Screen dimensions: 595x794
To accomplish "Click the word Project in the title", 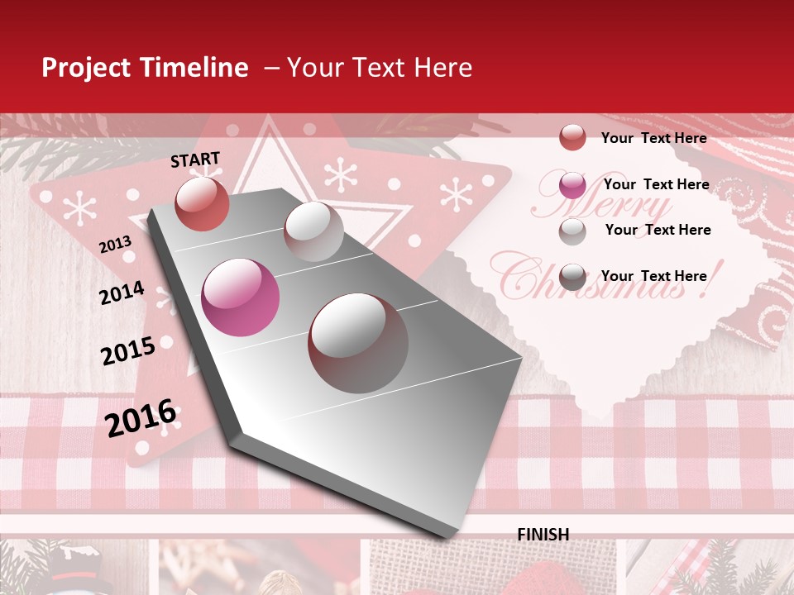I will tap(84, 69).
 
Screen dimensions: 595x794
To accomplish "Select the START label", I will tap(195, 159).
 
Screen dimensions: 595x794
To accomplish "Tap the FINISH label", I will tap(543, 535).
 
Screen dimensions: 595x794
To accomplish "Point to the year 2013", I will tap(115, 245).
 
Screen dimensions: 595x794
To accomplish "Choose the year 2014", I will tap(122, 293).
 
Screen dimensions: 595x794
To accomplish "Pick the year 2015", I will tap(128, 351).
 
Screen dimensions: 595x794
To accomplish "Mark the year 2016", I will tap(141, 417).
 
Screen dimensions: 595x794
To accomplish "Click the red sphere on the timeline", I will tap(202, 203).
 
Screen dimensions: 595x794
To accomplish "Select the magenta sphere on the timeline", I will tap(241, 297).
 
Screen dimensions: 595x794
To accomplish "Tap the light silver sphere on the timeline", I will tap(313, 231).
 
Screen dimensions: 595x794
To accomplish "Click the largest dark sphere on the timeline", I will tap(358, 343).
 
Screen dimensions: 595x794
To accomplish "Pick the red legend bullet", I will tap(572, 137).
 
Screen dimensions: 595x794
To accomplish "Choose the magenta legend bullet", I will tap(572, 185).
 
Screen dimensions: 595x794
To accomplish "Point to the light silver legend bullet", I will tap(572, 231).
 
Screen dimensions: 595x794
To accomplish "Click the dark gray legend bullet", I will tap(572, 277).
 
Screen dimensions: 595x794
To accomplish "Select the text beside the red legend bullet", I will tap(653, 138).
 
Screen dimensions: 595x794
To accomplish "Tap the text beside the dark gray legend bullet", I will tap(653, 276).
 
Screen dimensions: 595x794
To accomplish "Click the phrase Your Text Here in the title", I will tap(380, 68).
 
